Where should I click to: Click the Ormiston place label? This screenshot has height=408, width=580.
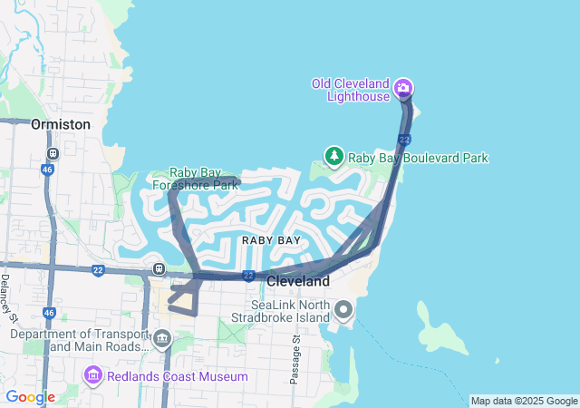coord(61,124)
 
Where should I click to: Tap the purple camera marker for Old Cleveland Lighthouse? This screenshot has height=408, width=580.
coord(403,89)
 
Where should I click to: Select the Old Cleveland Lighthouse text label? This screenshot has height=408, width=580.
coord(351,90)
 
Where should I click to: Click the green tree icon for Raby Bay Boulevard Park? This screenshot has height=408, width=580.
coord(334,157)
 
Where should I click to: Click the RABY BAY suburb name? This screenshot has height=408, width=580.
coord(271,240)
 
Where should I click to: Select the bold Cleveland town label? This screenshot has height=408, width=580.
coord(298,282)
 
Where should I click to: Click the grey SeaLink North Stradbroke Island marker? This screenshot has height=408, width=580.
coord(343,311)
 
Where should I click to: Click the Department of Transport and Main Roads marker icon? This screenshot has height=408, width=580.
coord(162,340)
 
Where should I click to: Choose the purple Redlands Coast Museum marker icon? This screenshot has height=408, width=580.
coord(92,375)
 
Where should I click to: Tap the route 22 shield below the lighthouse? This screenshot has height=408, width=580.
coord(404,139)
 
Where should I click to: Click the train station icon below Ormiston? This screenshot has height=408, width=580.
coord(53,153)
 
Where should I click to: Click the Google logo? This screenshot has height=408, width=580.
coord(30,397)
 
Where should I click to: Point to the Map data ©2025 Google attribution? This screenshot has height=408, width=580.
coord(523,401)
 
